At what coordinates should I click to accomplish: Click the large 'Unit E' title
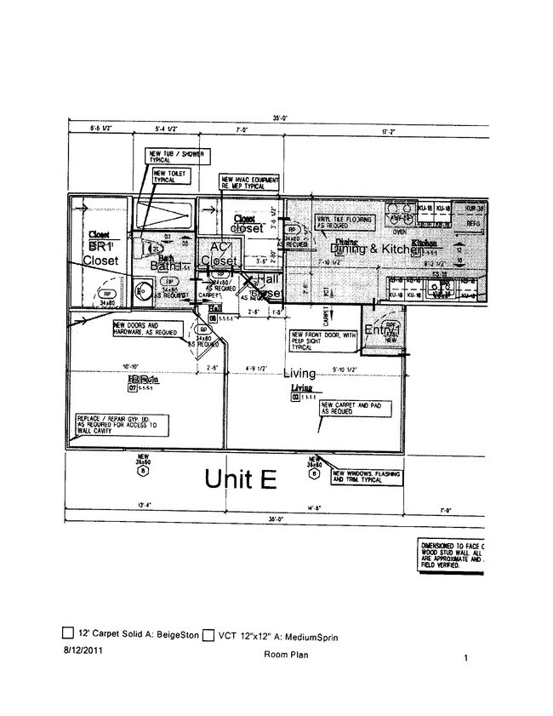[241, 478]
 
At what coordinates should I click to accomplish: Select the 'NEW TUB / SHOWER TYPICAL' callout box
[175, 156]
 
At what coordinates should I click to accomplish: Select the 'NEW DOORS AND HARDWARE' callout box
[146, 328]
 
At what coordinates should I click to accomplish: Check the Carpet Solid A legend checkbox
[68, 633]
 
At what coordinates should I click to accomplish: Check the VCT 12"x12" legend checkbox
[208, 633]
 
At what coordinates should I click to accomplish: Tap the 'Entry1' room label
[382, 330]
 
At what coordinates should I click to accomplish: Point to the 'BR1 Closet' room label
[100, 253]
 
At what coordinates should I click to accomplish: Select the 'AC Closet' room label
[219, 254]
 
